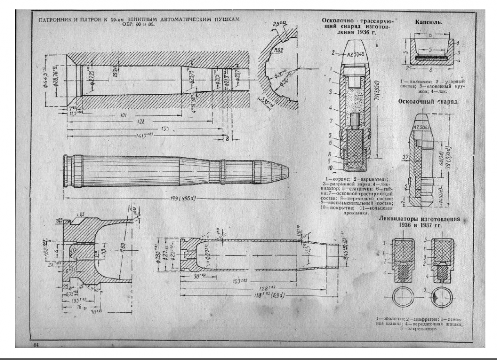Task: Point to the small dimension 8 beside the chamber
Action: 227,140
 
